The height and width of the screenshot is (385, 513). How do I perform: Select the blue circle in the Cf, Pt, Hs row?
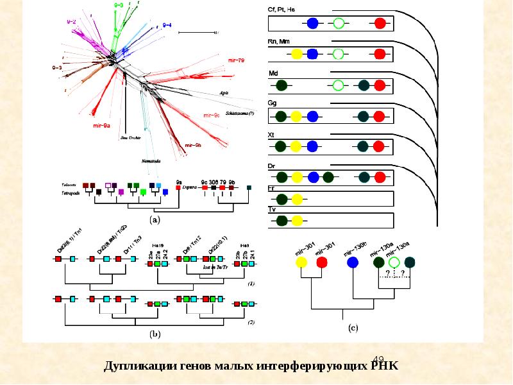click(312, 24)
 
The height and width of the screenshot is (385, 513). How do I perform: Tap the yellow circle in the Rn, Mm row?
click(297, 54)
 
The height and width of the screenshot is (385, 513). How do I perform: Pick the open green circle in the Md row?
click(339, 85)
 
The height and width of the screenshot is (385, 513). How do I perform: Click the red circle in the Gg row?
click(380, 116)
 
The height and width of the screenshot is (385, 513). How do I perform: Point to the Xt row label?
click(271, 135)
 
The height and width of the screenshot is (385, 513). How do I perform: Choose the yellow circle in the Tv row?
click(297, 221)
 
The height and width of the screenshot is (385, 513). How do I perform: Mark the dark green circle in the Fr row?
click(282, 199)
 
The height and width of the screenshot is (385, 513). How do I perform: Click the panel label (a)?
click(155, 219)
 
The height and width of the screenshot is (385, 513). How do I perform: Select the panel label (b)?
click(155, 334)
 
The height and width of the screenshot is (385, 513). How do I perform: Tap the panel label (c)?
click(353, 328)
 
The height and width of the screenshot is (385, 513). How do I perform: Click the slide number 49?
click(378, 359)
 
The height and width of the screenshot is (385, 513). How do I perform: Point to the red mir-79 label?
click(236, 60)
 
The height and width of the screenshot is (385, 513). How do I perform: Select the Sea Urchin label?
click(130, 137)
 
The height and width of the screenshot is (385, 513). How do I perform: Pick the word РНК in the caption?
click(384, 366)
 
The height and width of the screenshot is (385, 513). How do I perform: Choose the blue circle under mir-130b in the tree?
click(352, 262)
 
